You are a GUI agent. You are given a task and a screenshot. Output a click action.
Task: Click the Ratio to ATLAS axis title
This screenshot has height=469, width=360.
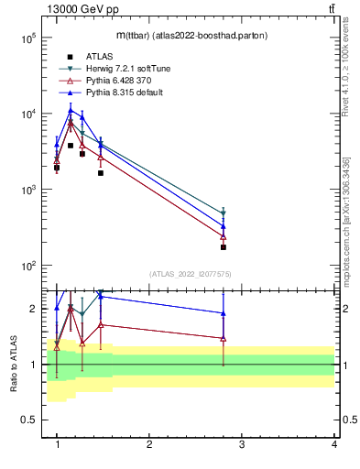(14, 365)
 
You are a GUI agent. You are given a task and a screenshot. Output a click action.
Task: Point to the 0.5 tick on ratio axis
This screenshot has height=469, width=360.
(27, 420)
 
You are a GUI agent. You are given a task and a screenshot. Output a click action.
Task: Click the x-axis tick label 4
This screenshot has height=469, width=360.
(333, 446)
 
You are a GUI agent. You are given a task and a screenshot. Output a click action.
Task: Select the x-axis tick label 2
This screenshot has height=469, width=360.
(149, 446)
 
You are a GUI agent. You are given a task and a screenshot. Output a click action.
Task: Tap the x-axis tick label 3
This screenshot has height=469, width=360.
(241, 446)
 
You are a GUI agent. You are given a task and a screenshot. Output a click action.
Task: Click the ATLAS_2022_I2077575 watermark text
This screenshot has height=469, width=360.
(191, 274)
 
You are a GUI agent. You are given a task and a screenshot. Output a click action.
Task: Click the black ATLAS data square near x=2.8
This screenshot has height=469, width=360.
(223, 247)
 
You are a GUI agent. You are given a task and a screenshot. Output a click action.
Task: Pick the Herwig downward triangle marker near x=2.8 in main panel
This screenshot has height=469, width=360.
(223, 213)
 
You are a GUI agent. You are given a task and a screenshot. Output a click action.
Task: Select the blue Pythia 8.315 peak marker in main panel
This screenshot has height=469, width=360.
(71, 111)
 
